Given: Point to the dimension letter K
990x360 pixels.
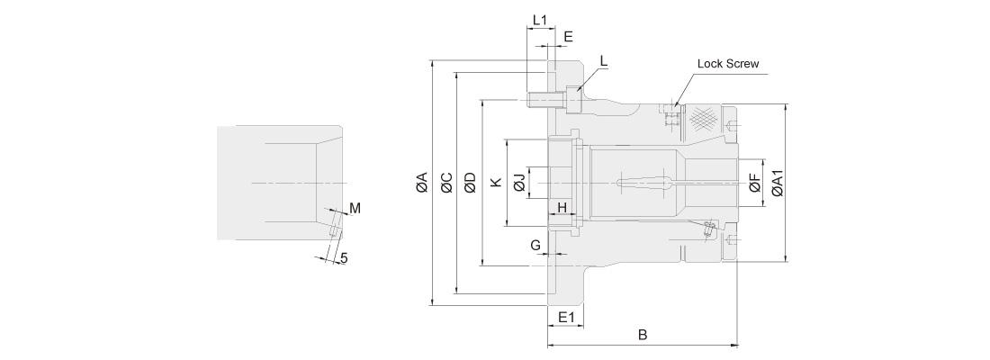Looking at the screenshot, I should pyautogui.click(x=494, y=183).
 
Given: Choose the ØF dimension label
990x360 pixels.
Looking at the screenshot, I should pyautogui.click(x=754, y=184).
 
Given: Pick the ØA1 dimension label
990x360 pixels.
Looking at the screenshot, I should pyautogui.click(x=778, y=183).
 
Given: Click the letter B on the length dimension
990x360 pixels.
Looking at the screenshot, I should pyautogui.click(x=643, y=335).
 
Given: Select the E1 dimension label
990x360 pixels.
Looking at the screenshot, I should pyautogui.click(x=566, y=317).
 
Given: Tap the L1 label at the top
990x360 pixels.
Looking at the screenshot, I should pyautogui.click(x=540, y=19).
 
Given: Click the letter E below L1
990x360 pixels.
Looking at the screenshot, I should pyautogui.click(x=567, y=37).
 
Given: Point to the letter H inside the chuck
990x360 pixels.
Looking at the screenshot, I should pyautogui.click(x=562, y=208).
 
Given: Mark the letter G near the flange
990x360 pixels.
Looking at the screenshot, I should pyautogui.click(x=535, y=245).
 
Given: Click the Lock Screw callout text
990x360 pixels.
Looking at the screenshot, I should pyautogui.click(x=728, y=64).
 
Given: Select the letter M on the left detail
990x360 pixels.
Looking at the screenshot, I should pyautogui.click(x=355, y=209).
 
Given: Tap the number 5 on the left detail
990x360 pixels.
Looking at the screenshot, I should pyautogui.click(x=344, y=258).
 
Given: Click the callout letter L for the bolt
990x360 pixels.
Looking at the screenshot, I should pyautogui.click(x=603, y=61).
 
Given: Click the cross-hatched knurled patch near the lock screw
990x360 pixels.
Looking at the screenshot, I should pyautogui.click(x=702, y=117).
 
